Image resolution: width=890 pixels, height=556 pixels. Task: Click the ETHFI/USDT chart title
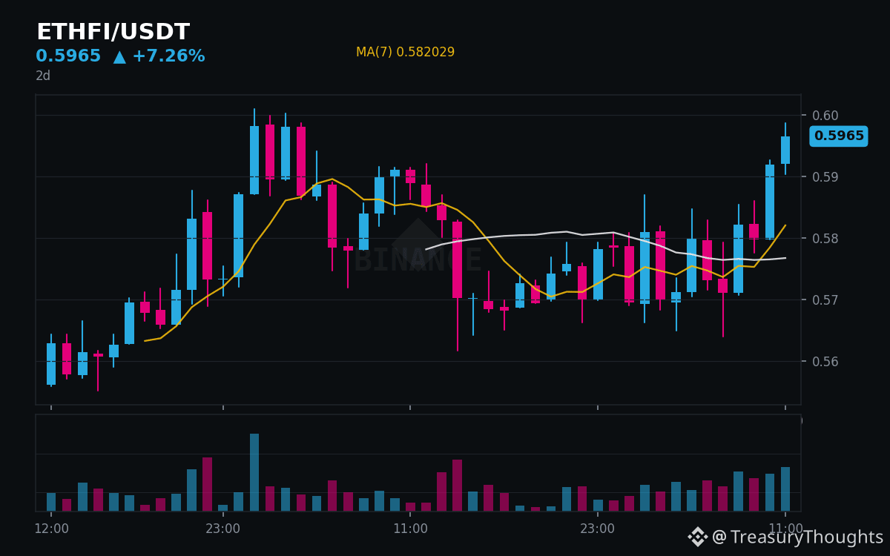point(113,31)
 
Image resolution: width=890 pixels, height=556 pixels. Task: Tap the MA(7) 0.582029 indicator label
point(405,52)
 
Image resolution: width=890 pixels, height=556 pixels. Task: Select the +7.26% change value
point(169,56)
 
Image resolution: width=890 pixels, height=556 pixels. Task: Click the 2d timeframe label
point(43,76)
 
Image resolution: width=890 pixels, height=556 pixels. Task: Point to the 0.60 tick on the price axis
point(825,115)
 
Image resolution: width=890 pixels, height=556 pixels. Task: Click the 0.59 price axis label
point(825,176)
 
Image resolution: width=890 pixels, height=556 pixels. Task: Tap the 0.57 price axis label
point(825,299)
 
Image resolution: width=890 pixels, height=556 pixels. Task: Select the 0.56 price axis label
point(825,362)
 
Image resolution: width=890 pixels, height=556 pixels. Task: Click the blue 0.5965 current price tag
point(839,136)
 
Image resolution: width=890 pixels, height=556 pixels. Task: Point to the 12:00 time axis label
point(52,529)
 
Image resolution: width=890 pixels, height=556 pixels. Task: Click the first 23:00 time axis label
point(223,529)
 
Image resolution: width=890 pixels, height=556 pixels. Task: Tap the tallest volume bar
point(254,472)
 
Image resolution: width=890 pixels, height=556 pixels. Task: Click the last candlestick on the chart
point(785,150)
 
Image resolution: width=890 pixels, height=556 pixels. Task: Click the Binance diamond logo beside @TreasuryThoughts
point(697,537)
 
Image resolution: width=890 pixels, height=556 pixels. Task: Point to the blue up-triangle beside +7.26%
point(119,57)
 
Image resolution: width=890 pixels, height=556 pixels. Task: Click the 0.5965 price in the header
point(68,56)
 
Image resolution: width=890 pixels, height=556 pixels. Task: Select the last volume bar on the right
point(785,489)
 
